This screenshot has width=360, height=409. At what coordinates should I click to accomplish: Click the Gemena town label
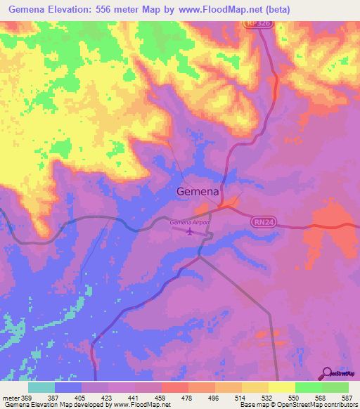[x=198, y=192]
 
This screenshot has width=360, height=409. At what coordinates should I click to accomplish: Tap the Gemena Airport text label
[x=191, y=222]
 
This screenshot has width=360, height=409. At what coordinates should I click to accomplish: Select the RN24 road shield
[x=261, y=221]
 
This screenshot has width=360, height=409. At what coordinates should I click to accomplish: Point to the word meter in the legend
[x=10, y=397]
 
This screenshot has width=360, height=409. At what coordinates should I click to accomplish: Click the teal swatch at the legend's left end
[x=41, y=387]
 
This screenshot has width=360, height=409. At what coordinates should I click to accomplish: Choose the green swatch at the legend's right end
[x=335, y=387]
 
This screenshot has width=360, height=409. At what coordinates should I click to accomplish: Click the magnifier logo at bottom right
[x=326, y=373]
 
